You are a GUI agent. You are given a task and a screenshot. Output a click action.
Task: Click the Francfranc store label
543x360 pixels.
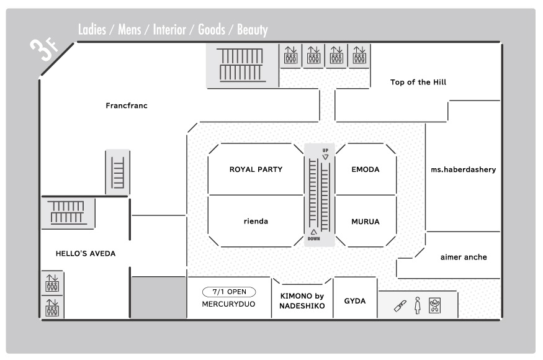127,106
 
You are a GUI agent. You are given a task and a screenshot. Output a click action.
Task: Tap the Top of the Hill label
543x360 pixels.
418,82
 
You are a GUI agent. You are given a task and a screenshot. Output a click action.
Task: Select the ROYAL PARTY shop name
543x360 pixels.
256,169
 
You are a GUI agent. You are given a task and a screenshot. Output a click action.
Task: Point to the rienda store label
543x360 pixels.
256,221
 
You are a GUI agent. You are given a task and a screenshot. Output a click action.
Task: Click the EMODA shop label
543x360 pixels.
366,169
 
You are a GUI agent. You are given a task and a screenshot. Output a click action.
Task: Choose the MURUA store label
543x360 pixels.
366,222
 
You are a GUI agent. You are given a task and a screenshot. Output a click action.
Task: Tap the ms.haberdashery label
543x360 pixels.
464,169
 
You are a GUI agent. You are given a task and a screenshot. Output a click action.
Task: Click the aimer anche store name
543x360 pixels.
464,257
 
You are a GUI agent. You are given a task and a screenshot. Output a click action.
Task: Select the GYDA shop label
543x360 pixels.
354,301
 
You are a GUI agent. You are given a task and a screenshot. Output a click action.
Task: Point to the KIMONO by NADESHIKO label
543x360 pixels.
302,301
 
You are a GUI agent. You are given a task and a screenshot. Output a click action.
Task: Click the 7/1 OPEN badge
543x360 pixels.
229,292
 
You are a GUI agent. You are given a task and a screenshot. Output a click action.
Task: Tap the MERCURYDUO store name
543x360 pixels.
228,304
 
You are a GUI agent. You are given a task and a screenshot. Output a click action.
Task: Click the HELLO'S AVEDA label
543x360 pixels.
86,253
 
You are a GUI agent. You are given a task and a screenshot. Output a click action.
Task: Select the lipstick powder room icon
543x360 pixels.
400,306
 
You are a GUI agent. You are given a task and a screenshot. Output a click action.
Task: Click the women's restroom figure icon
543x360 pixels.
418,305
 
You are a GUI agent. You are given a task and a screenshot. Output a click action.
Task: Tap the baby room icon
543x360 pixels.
434,305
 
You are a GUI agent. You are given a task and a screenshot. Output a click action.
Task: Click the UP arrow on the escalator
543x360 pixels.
326,157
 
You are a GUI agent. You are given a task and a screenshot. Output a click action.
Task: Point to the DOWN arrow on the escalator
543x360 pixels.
313,232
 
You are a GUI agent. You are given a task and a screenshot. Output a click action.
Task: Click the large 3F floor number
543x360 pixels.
43,50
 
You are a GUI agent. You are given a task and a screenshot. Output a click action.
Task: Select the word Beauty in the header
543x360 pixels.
253,30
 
